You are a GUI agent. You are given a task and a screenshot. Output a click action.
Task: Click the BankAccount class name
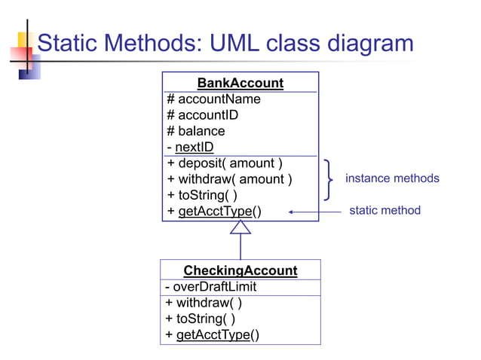(240, 83)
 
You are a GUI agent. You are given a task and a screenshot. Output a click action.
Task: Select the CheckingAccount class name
(240, 270)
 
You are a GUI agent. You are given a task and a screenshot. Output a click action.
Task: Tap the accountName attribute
(213, 99)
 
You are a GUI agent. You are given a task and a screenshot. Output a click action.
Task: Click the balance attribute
(195, 131)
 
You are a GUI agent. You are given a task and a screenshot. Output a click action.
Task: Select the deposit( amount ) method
(225, 163)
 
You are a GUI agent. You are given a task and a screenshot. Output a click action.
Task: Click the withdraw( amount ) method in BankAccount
(229, 179)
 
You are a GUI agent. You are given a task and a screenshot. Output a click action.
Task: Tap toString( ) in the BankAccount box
(201, 195)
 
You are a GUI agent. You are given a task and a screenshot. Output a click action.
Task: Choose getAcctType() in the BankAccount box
(215, 211)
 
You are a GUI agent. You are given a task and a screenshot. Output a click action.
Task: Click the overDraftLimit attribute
(210, 287)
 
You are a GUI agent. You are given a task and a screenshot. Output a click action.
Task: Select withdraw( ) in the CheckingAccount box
(204, 303)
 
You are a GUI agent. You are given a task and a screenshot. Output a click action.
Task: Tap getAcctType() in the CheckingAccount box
(213, 334)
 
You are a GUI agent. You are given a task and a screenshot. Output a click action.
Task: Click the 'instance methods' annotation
(392, 178)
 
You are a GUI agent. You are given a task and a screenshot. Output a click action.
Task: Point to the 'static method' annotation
(384, 210)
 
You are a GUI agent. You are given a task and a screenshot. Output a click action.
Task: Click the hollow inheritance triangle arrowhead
(240, 227)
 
